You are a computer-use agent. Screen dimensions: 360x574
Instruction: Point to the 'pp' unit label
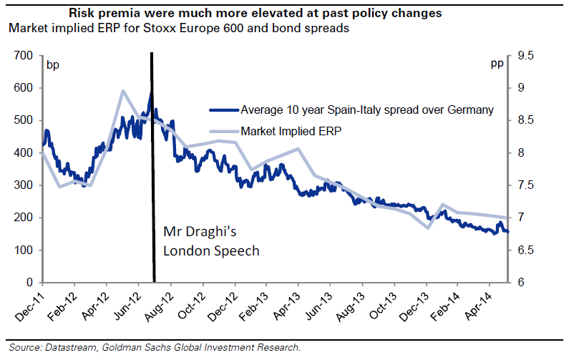(497, 65)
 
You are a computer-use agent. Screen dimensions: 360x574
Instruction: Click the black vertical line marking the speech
(152, 179)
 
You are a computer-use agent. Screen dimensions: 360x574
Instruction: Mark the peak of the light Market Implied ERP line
(123, 91)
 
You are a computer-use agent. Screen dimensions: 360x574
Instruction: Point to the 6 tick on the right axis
(519, 283)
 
